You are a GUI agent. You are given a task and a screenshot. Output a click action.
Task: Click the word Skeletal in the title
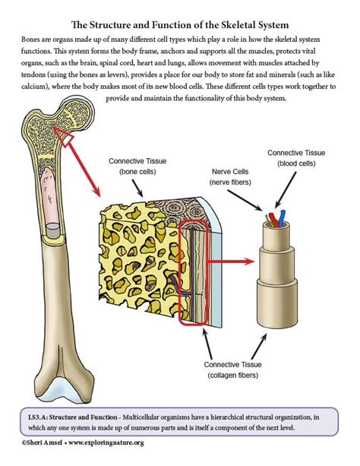click(x=235, y=24)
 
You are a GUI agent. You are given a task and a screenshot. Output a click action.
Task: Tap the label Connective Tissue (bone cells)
click(x=137, y=166)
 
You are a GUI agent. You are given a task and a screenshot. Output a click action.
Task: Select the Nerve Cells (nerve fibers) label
click(x=230, y=177)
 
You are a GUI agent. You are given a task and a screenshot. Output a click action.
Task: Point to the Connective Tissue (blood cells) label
click(x=296, y=158)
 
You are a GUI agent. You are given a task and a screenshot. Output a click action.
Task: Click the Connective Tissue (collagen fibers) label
click(x=232, y=369)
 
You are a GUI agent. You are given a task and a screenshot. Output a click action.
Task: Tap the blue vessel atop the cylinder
click(x=282, y=218)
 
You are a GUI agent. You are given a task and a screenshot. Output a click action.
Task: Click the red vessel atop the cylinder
click(x=273, y=220)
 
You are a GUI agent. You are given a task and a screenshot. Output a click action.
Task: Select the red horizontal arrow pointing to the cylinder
click(x=230, y=262)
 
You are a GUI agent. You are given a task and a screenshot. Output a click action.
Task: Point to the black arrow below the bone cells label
click(x=137, y=188)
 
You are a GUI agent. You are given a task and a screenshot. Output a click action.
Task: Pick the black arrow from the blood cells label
click(x=286, y=190)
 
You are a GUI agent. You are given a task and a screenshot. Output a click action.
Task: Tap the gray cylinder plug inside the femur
click(x=53, y=230)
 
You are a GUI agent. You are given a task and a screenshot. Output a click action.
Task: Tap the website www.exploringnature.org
click(x=106, y=442)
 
